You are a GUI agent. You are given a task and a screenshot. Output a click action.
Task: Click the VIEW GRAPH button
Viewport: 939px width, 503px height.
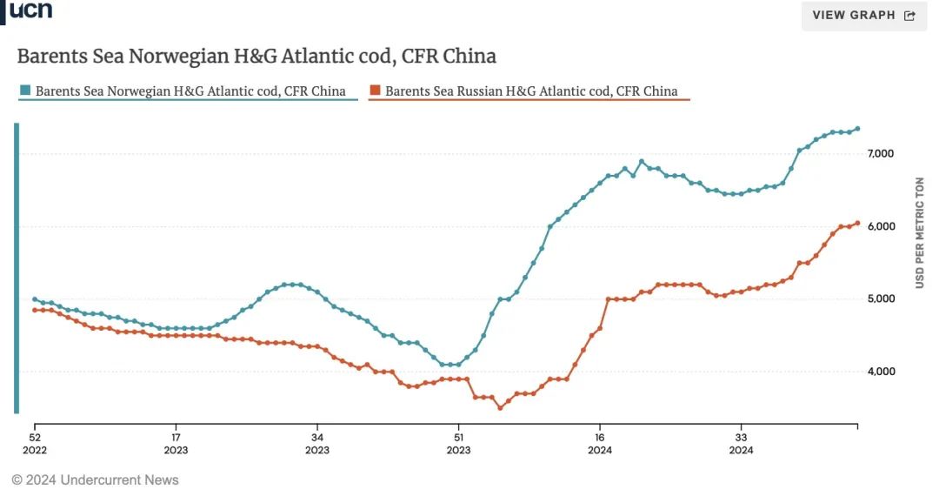pos(862,15)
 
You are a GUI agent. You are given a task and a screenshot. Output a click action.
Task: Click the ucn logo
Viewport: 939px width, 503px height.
pos(31,10)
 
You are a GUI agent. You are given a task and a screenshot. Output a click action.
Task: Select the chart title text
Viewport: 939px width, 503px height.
pos(256,57)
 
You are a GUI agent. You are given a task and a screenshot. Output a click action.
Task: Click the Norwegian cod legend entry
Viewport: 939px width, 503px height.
pos(190,91)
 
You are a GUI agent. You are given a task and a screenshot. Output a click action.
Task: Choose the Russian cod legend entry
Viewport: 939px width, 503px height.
pos(530,91)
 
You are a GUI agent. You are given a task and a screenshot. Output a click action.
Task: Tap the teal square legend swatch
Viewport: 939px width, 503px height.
pos(26,91)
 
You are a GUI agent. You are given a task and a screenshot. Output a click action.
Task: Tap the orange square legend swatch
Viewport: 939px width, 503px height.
pos(375,91)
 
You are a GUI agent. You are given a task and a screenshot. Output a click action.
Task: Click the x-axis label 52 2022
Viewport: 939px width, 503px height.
pos(35,444)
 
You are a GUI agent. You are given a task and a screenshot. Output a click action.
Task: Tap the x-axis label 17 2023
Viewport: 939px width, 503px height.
pos(176,444)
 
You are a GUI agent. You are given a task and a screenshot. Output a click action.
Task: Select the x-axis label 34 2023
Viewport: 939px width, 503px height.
pos(317,444)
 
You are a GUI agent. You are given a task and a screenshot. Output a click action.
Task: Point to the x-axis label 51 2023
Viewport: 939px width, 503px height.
pos(458,444)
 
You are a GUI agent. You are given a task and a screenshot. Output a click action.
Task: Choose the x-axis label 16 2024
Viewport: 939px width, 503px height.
pos(600,444)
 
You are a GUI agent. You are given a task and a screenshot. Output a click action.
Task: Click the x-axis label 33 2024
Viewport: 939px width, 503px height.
pos(741,444)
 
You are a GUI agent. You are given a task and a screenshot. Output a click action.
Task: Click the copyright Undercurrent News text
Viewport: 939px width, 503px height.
pos(95,480)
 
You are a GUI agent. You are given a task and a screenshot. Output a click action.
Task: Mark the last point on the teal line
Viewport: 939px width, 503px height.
pos(857,129)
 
